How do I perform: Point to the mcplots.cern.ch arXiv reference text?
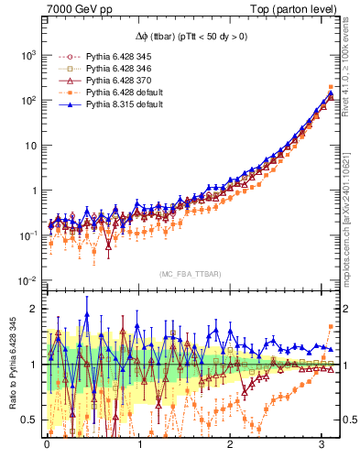(x=349, y=211)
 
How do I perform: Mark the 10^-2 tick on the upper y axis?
(x=28, y=280)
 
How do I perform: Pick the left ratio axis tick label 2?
(x=35, y=309)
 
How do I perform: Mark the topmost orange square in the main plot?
(x=330, y=87)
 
